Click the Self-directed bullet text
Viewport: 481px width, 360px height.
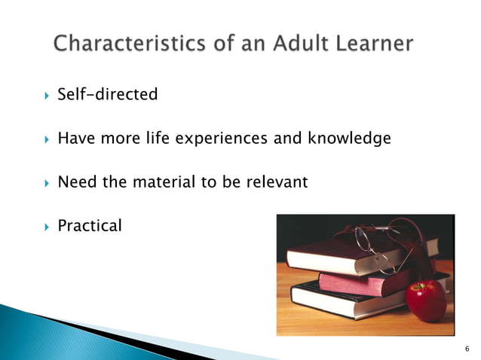point(108,95)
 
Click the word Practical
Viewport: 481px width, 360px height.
point(89,225)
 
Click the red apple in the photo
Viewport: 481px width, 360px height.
point(426,299)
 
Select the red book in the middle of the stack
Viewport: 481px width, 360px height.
point(354,282)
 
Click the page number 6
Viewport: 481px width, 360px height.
point(467,348)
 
